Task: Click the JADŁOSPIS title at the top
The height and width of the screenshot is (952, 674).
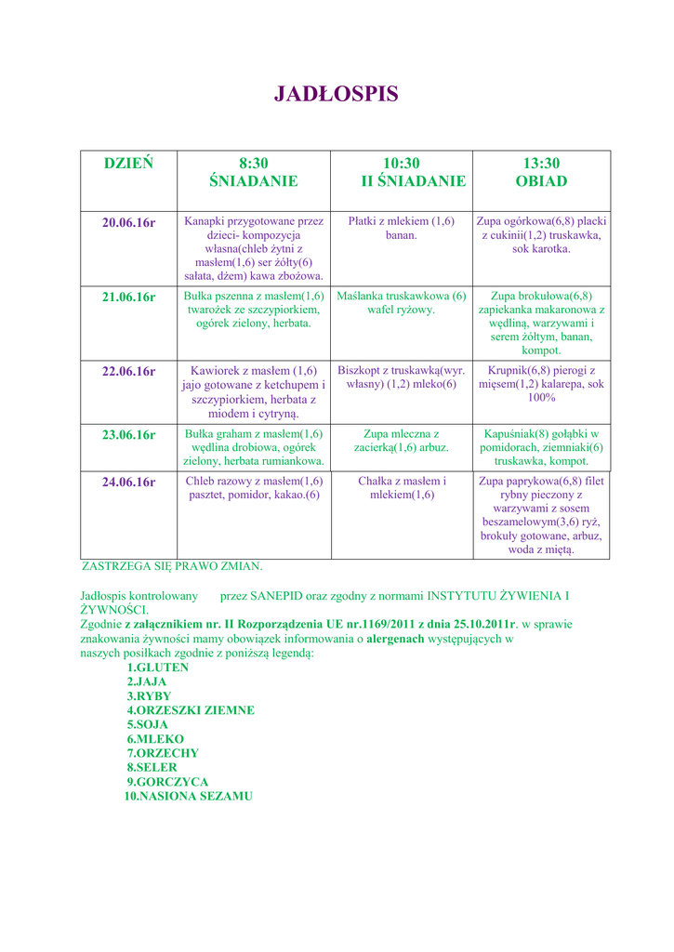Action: pos(336,94)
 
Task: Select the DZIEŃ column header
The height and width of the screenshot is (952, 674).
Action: pos(128,164)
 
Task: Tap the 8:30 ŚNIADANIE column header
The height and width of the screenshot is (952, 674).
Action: pos(253,172)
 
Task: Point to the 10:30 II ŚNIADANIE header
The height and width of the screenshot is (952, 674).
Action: pos(401,172)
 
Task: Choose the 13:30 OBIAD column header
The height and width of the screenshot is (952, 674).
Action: pos(541,172)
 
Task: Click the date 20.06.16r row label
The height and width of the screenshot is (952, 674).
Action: pos(128,222)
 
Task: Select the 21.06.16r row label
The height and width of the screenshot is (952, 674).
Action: pos(128,297)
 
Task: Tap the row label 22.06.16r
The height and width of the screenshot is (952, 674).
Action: pos(128,371)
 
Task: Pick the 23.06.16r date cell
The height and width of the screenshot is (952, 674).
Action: pos(128,434)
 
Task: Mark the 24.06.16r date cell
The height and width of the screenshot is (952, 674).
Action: pos(128,482)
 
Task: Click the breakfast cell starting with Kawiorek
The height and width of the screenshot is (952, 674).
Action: pos(253,391)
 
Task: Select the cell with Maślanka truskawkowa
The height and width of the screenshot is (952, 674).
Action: pos(401,302)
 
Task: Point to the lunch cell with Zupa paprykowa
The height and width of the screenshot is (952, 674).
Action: pos(541,515)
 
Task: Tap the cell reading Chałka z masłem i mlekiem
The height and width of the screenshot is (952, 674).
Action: pos(401,488)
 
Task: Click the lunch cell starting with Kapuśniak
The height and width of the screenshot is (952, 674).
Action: pos(541,447)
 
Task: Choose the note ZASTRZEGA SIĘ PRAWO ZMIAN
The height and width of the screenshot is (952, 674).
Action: pos(172,565)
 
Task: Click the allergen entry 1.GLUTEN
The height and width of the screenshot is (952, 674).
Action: pos(157,668)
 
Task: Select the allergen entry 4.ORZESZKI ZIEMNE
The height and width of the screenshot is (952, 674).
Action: pos(191,710)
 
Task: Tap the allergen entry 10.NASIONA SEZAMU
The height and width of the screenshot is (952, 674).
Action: pos(189,797)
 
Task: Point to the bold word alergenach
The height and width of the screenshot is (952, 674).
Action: pos(395,640)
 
